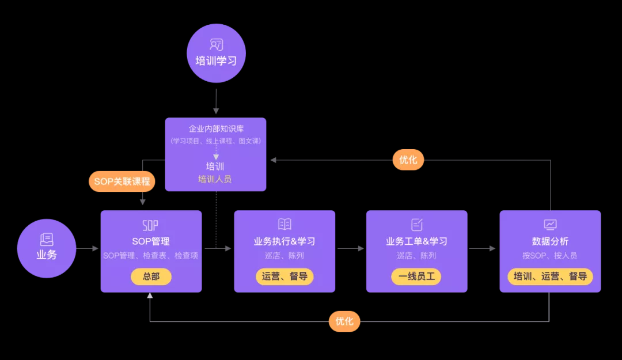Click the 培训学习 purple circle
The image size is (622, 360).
[x=216, y=53]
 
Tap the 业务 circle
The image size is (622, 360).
[x=47, y=248]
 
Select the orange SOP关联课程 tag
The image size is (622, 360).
[x=122, y=181]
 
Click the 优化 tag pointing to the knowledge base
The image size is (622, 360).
[x=408, y=160]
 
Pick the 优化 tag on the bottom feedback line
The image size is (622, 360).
[x=344, y=321]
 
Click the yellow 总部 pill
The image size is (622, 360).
[x=151, y=276]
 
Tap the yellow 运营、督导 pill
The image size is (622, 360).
[x=284, y=276]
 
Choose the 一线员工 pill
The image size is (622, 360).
[x=416, y=276]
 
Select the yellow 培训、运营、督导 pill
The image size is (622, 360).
[x=550, y=276]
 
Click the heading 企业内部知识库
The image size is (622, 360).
[x=215, y=128]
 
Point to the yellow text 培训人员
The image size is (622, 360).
[x=215, y=179]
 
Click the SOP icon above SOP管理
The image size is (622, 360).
[x=150, y=225]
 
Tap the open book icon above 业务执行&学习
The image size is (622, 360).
[x=285, y=224]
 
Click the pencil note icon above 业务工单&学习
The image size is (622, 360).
[x=417, y=224]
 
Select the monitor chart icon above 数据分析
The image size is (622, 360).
[x=550, y=224]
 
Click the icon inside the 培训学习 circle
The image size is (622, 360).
[x=216, y=44]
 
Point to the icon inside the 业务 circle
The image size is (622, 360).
[x=47, y=240]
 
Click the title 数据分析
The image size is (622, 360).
[x=550, y=241]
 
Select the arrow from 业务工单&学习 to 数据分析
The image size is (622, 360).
[x=482, y=249]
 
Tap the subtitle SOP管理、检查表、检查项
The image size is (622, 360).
[x=151, y=256]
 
